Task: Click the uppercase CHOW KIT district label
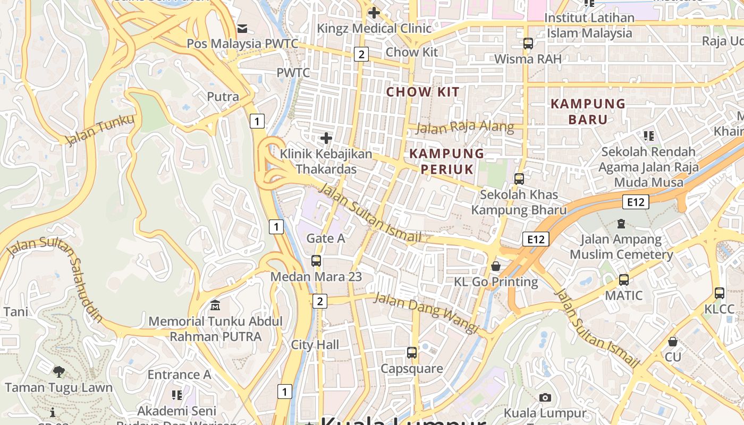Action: [422, 92]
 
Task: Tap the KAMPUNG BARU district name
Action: [588, 111]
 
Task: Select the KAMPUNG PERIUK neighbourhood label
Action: [447, 161]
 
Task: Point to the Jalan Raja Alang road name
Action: [464, 127]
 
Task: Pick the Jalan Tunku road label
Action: [99, 130]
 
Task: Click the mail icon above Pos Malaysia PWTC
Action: [242, 28]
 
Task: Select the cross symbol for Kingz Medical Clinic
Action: [374, 12]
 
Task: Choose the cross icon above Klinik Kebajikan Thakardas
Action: [326, 139]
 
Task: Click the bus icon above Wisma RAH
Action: [528, 44]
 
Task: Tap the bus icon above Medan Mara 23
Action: [316, 261]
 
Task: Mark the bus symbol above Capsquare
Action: [411, 353]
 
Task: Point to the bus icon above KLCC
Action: [719, 293]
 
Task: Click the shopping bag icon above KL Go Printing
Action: [496, 266]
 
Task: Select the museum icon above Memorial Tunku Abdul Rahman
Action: [215, 305]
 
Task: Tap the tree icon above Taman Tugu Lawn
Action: [59, 372]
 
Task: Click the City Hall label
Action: [315, 345]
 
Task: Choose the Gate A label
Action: [326, 239]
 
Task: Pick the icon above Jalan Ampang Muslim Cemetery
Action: [621, 224]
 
